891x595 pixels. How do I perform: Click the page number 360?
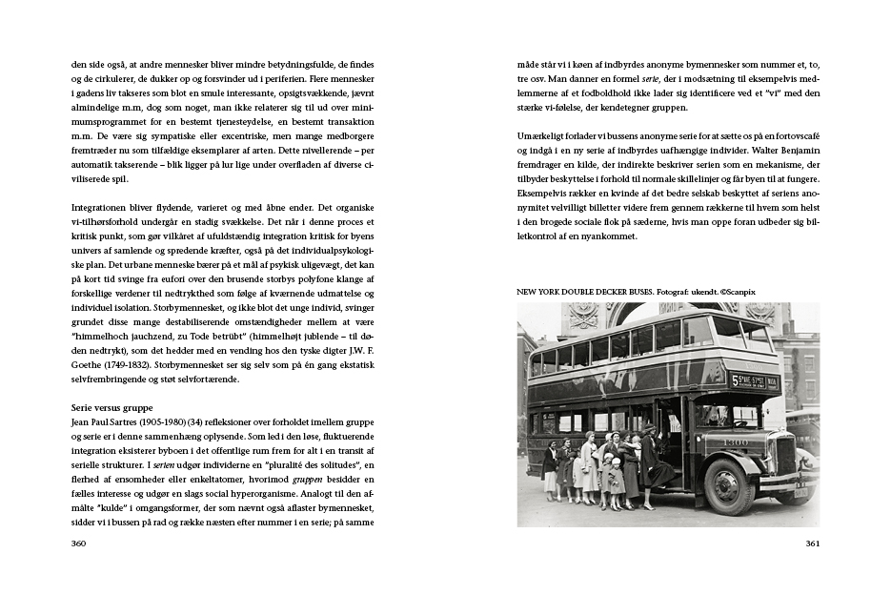pos(79,544)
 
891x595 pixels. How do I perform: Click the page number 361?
pos(811,544)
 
